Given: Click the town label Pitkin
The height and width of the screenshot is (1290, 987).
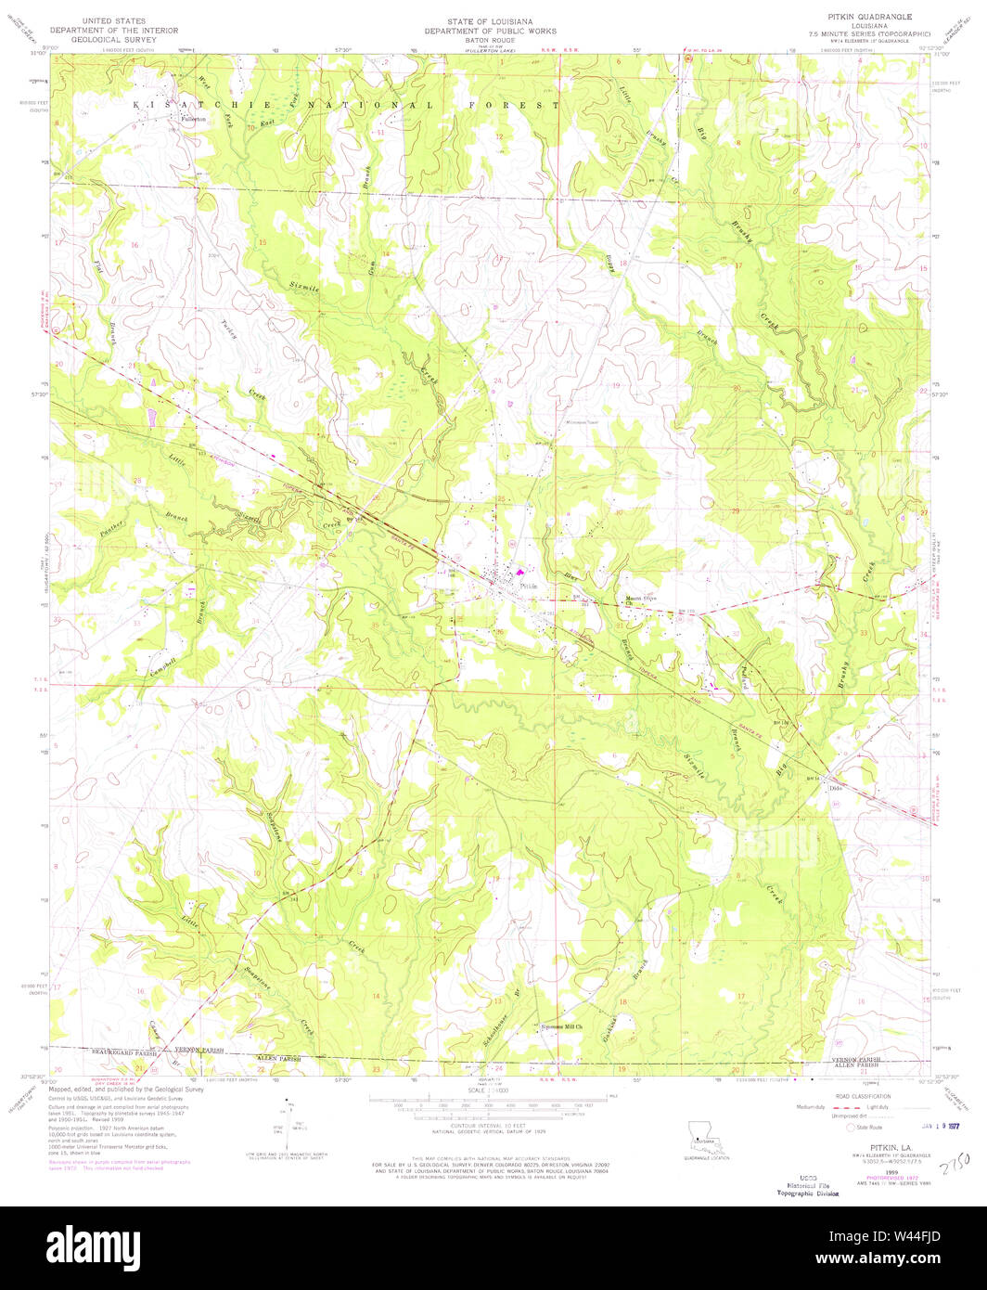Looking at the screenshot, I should pyautogui.click(x=529, y=587).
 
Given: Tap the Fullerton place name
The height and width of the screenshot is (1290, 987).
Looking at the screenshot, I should pyautogui.click(x=194, y=120).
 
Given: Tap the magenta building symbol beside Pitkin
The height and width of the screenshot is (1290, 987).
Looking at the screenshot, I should pyautogui.click(x=519, y=574).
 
